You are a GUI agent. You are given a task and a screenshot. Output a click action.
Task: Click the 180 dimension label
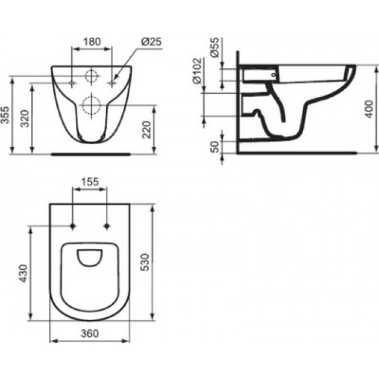[92, 42]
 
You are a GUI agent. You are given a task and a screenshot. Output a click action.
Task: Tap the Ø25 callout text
[152, 42]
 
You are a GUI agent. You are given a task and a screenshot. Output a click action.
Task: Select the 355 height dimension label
[5, 115]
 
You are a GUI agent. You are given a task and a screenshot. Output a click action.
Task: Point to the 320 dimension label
[24, 118]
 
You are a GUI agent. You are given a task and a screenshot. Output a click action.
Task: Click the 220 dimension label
[146, 130]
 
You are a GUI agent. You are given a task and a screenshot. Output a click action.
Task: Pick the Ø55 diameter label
[215, 47]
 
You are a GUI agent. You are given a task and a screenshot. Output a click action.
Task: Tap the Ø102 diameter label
[197, 71]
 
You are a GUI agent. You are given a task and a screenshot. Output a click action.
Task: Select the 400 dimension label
[369, 109]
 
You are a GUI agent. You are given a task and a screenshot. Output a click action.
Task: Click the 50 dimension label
[215, 147]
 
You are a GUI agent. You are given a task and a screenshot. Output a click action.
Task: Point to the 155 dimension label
[90, 182]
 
